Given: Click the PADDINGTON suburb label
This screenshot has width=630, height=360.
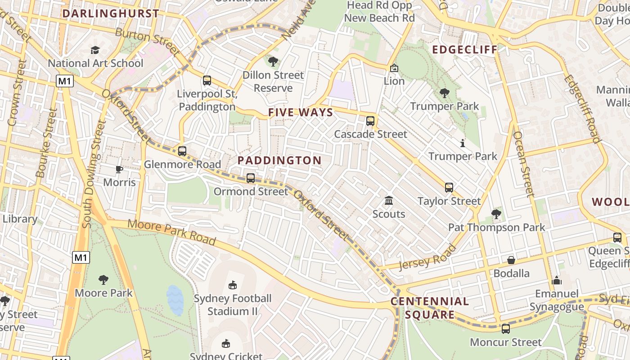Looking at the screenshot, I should [279, 160].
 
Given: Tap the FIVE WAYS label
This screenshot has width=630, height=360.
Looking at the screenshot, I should [301, 112].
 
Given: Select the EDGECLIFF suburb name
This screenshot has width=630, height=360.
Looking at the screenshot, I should [465, 49].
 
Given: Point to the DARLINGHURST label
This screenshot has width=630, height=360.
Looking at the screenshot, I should [111, 13].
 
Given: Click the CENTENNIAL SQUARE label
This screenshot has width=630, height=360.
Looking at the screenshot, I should [430, 308].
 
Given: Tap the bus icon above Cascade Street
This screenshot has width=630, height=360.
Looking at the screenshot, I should [370, 121].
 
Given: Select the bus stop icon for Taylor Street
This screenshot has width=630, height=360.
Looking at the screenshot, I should [449, 188].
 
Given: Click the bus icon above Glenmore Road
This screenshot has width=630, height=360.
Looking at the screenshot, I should [182, 151].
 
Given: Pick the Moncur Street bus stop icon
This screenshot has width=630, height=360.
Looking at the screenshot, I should [506, 329].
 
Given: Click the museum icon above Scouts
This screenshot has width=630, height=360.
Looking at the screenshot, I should [389, 200].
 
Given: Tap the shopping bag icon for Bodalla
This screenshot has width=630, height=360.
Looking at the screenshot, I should [511, 260].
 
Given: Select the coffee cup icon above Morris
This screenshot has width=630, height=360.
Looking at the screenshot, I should [119, 169].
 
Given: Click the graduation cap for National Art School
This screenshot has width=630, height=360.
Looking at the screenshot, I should [95, 50].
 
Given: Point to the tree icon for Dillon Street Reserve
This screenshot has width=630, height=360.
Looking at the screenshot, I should [273, 61].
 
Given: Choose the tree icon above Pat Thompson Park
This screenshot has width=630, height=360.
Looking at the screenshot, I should [496, 214].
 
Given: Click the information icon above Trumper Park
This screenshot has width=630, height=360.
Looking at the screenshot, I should [463, 143].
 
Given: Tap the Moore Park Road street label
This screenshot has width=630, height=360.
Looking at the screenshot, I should [171, 232].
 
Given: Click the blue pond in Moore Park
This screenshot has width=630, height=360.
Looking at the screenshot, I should [175, 300].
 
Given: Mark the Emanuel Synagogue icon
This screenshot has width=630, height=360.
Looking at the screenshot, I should [557, 280].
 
